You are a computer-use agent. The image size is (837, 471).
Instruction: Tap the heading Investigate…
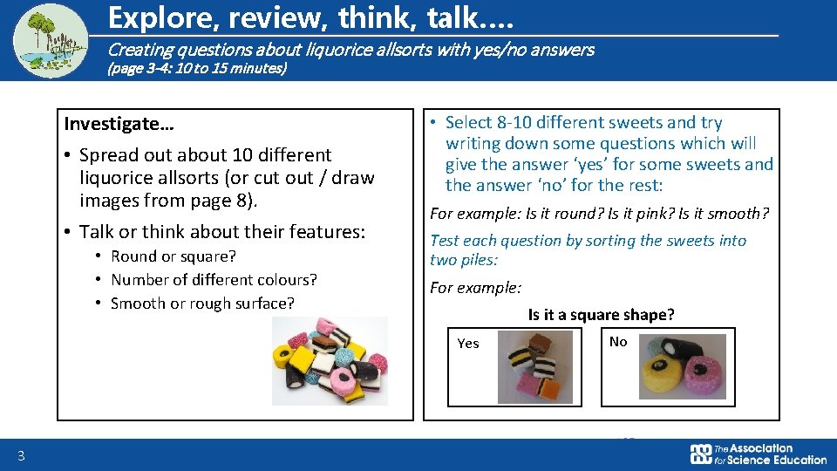(119, 124)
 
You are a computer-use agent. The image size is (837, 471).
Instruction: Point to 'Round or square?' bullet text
(174, 256)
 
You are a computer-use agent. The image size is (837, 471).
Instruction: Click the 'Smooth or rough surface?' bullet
(202, 304)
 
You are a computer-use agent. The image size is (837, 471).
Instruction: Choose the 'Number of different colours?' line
(214, 280)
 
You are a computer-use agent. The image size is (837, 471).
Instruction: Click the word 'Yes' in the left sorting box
(468, 344)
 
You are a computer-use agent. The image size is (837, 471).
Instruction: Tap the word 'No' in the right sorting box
(618, 342)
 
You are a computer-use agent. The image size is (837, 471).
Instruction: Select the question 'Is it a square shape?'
(601, 315)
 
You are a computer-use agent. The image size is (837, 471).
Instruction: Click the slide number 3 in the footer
(20, 455)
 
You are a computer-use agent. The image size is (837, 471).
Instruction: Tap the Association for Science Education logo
(758, 454)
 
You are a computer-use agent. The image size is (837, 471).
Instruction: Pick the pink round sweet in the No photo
(702, 375)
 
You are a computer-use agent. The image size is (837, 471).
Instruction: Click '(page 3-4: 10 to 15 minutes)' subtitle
(196, 67)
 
